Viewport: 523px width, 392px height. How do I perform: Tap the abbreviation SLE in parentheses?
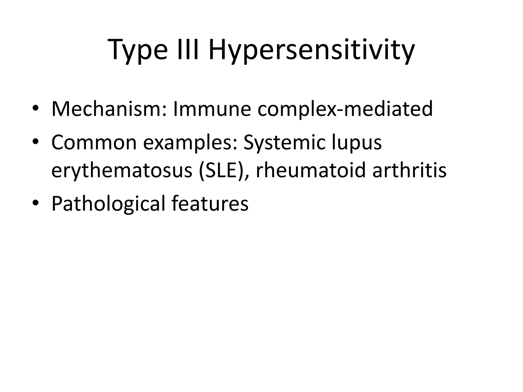tap(221, 170)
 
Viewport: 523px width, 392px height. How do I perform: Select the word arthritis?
tap(409, 170)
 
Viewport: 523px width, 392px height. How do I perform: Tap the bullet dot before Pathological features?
tap(35, 203)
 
